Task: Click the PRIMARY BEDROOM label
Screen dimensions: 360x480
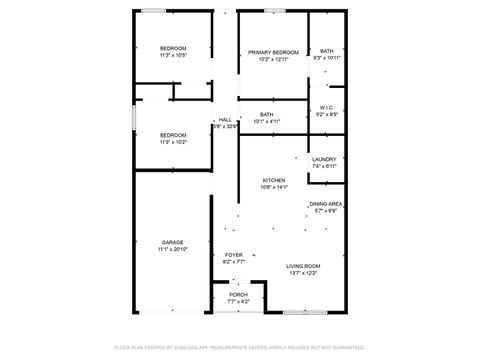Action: pyautogui.click(x=273, y=52)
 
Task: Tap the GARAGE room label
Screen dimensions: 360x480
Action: pyautogui.click(x=172, y=241)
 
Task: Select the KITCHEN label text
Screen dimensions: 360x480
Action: pyautogui.click(x=273, y=180)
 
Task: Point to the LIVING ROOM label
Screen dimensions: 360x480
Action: pyautogui.click(x=302, y=265)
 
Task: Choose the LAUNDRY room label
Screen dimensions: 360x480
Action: pyautogui.click(x=324, y=159)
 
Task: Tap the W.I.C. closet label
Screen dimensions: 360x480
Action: pyautogui.click(x=326, y=108)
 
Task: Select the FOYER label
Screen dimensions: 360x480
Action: pyautogui.click(x=234, y=255)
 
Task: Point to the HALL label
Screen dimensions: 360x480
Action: pyautogui.click(x=225, y=120)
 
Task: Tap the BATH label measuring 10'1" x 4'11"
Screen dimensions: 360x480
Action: pyautogui.click(x=266, y=115)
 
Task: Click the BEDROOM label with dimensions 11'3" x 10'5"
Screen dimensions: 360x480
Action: pyautogui.click(x=173, y=49)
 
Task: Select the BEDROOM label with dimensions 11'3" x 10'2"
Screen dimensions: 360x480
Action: pyautogui.click(x=173, y=135)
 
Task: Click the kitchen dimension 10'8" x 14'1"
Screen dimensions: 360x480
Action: pyautogui.click(x=273, y=187)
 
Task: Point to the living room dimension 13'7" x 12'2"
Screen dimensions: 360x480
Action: pyautogui.click(x=302, y=272)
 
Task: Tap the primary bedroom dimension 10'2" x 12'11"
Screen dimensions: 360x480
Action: pyautogui.click(x=273, y=59)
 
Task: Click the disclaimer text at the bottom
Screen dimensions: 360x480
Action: pyautogui.click(x=240, y=347)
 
